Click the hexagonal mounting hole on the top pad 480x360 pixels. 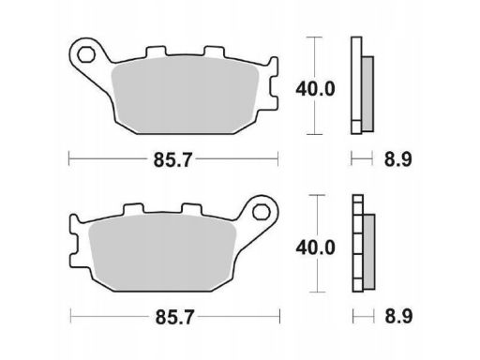click(x=86, y=54)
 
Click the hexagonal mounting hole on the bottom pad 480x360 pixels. click(x=261, y=212)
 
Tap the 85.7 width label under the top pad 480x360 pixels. click(x=172, y=160)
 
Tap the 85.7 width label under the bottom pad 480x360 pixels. click(x=175, y=317)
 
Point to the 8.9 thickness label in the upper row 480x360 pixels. click(x=398, y=159)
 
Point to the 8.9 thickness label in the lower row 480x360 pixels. click(x=398, y=316)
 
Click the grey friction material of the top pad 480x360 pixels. click(x=185, y=96)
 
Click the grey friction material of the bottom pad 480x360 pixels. click(x=162, y=252)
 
